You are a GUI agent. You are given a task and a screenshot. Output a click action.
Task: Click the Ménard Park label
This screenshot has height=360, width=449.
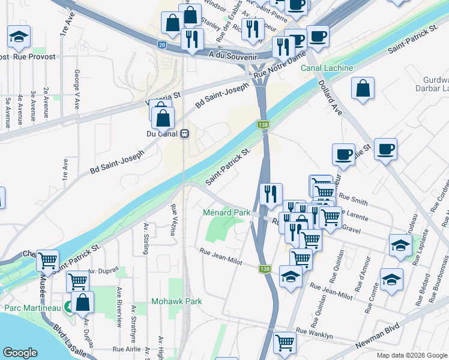click(x=226, y=212)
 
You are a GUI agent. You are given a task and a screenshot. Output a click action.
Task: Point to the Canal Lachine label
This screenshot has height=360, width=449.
click(x=331, y=68)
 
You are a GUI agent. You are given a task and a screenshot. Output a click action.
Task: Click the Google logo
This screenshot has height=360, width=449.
click(x=21, y=353)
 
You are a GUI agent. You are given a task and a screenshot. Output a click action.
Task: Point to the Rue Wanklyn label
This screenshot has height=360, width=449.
click(x=314, y=331)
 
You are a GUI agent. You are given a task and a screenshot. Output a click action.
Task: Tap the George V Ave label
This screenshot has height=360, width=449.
click(x=77, y=89)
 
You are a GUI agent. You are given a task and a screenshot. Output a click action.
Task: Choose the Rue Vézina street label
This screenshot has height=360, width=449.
click(x=173, y=220)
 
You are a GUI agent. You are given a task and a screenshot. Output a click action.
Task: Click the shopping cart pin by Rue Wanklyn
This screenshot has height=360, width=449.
click(x=285, y=343)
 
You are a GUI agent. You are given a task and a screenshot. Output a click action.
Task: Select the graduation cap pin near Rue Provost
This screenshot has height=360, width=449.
click(x=19, y=37)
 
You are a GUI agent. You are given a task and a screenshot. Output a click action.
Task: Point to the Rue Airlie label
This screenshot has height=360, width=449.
click(x=127, y=349)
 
